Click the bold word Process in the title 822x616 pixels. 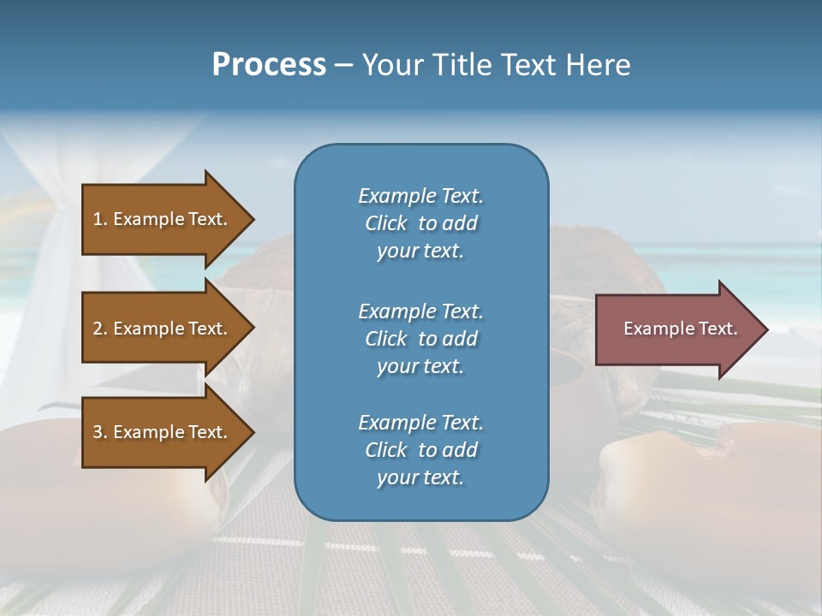point(269,65)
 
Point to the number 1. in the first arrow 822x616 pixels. point(100,219)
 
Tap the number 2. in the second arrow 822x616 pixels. point(100,329)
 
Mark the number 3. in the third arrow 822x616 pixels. point(100,432)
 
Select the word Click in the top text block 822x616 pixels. point(386,223)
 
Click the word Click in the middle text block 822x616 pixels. point(386,339)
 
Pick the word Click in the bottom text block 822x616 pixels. point(386,450)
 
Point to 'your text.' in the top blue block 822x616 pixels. point(420,251)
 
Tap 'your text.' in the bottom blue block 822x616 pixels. point(420,477)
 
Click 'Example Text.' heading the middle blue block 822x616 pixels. point(420,311)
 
